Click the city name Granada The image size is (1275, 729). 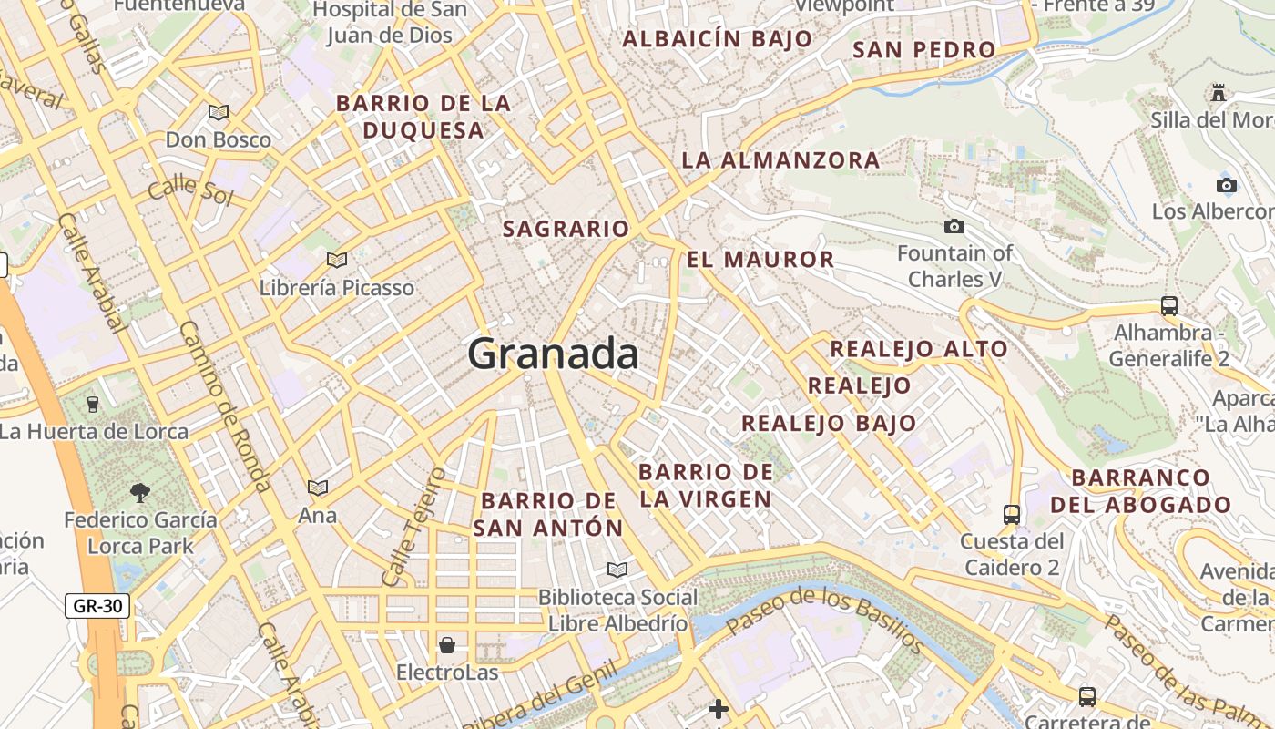coord(553,354)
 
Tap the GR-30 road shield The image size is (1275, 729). coord(97,605)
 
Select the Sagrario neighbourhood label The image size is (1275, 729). coord(566,229)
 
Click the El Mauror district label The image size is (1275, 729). coord(760,260)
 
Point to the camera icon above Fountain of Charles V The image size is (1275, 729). coord(954,226)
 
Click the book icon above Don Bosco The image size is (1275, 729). coord(218,112)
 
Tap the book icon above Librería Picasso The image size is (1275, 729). coord(337,260)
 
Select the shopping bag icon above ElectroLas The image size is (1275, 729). coord(447,645)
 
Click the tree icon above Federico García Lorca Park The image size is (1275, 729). coord(140,493)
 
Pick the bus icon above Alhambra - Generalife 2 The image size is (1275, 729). coord(1169,305)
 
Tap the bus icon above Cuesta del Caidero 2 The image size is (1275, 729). coord(1011,514)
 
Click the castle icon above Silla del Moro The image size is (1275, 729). coord(1219,92)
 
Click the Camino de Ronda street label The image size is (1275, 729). coord(224,406)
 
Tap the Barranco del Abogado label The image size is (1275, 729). coord(1140,491)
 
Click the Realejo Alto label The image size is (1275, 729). coord(918,349)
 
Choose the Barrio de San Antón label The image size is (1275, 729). coord(548,514)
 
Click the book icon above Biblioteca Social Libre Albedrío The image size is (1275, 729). coord(617,570)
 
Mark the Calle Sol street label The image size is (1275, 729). coord(190,190)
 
